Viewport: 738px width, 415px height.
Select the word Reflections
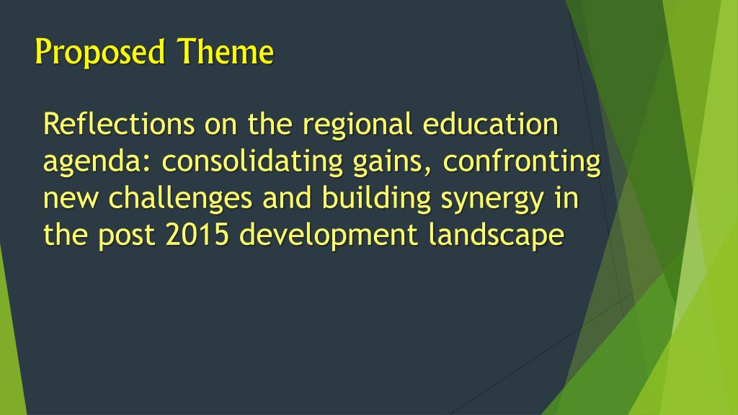[x=118, y=125]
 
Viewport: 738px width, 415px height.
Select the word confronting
[x=522, y=163]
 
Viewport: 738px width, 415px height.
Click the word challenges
[x=181, y=200]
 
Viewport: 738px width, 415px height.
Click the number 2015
[x=198, y=236]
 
